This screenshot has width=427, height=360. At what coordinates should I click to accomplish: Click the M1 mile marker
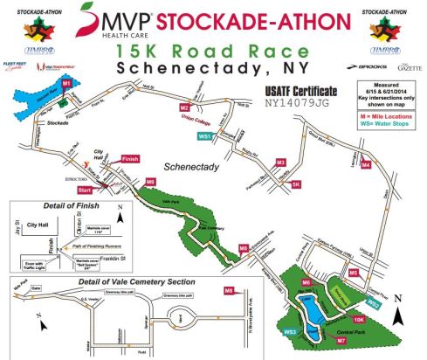[x=66, y=82]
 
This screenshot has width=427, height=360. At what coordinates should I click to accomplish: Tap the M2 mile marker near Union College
[x=184, y=107]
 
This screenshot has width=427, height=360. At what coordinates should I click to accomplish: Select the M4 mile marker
[x=366, y=163]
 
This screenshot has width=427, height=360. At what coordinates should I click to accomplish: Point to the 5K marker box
[x=296, y=184]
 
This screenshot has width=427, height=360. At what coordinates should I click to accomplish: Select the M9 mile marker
[x=151, y=182]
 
